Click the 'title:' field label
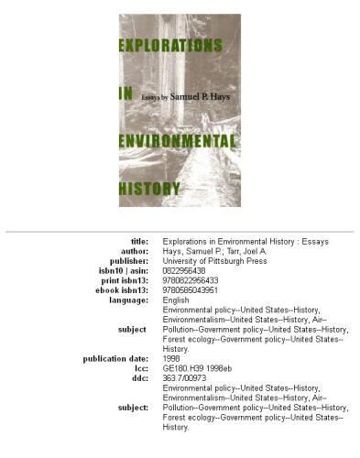pos(135,241)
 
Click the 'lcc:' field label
pos(138,369)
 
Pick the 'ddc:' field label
pos(137,378)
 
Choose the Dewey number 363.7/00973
pos(186,378)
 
